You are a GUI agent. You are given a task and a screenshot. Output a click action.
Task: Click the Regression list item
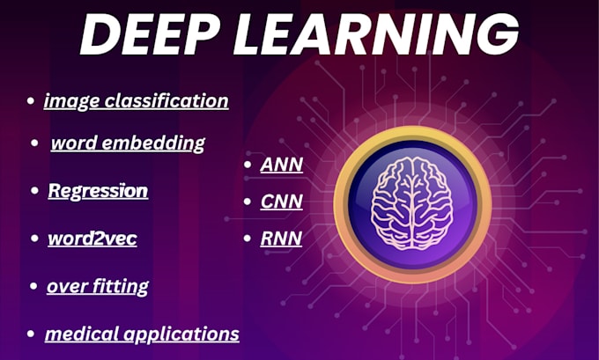click(x=97, y=190)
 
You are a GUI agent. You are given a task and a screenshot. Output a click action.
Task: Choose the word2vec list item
click(x=92, y=238)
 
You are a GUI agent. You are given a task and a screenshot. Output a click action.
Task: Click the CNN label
click(x=282, y=202)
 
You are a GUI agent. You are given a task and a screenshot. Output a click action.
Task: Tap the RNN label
click(x=282, y=239)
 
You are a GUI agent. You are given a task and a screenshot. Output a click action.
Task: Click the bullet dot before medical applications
click(x=31, y=334)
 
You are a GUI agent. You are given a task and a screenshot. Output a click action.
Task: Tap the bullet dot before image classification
click(x=31, y=101)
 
